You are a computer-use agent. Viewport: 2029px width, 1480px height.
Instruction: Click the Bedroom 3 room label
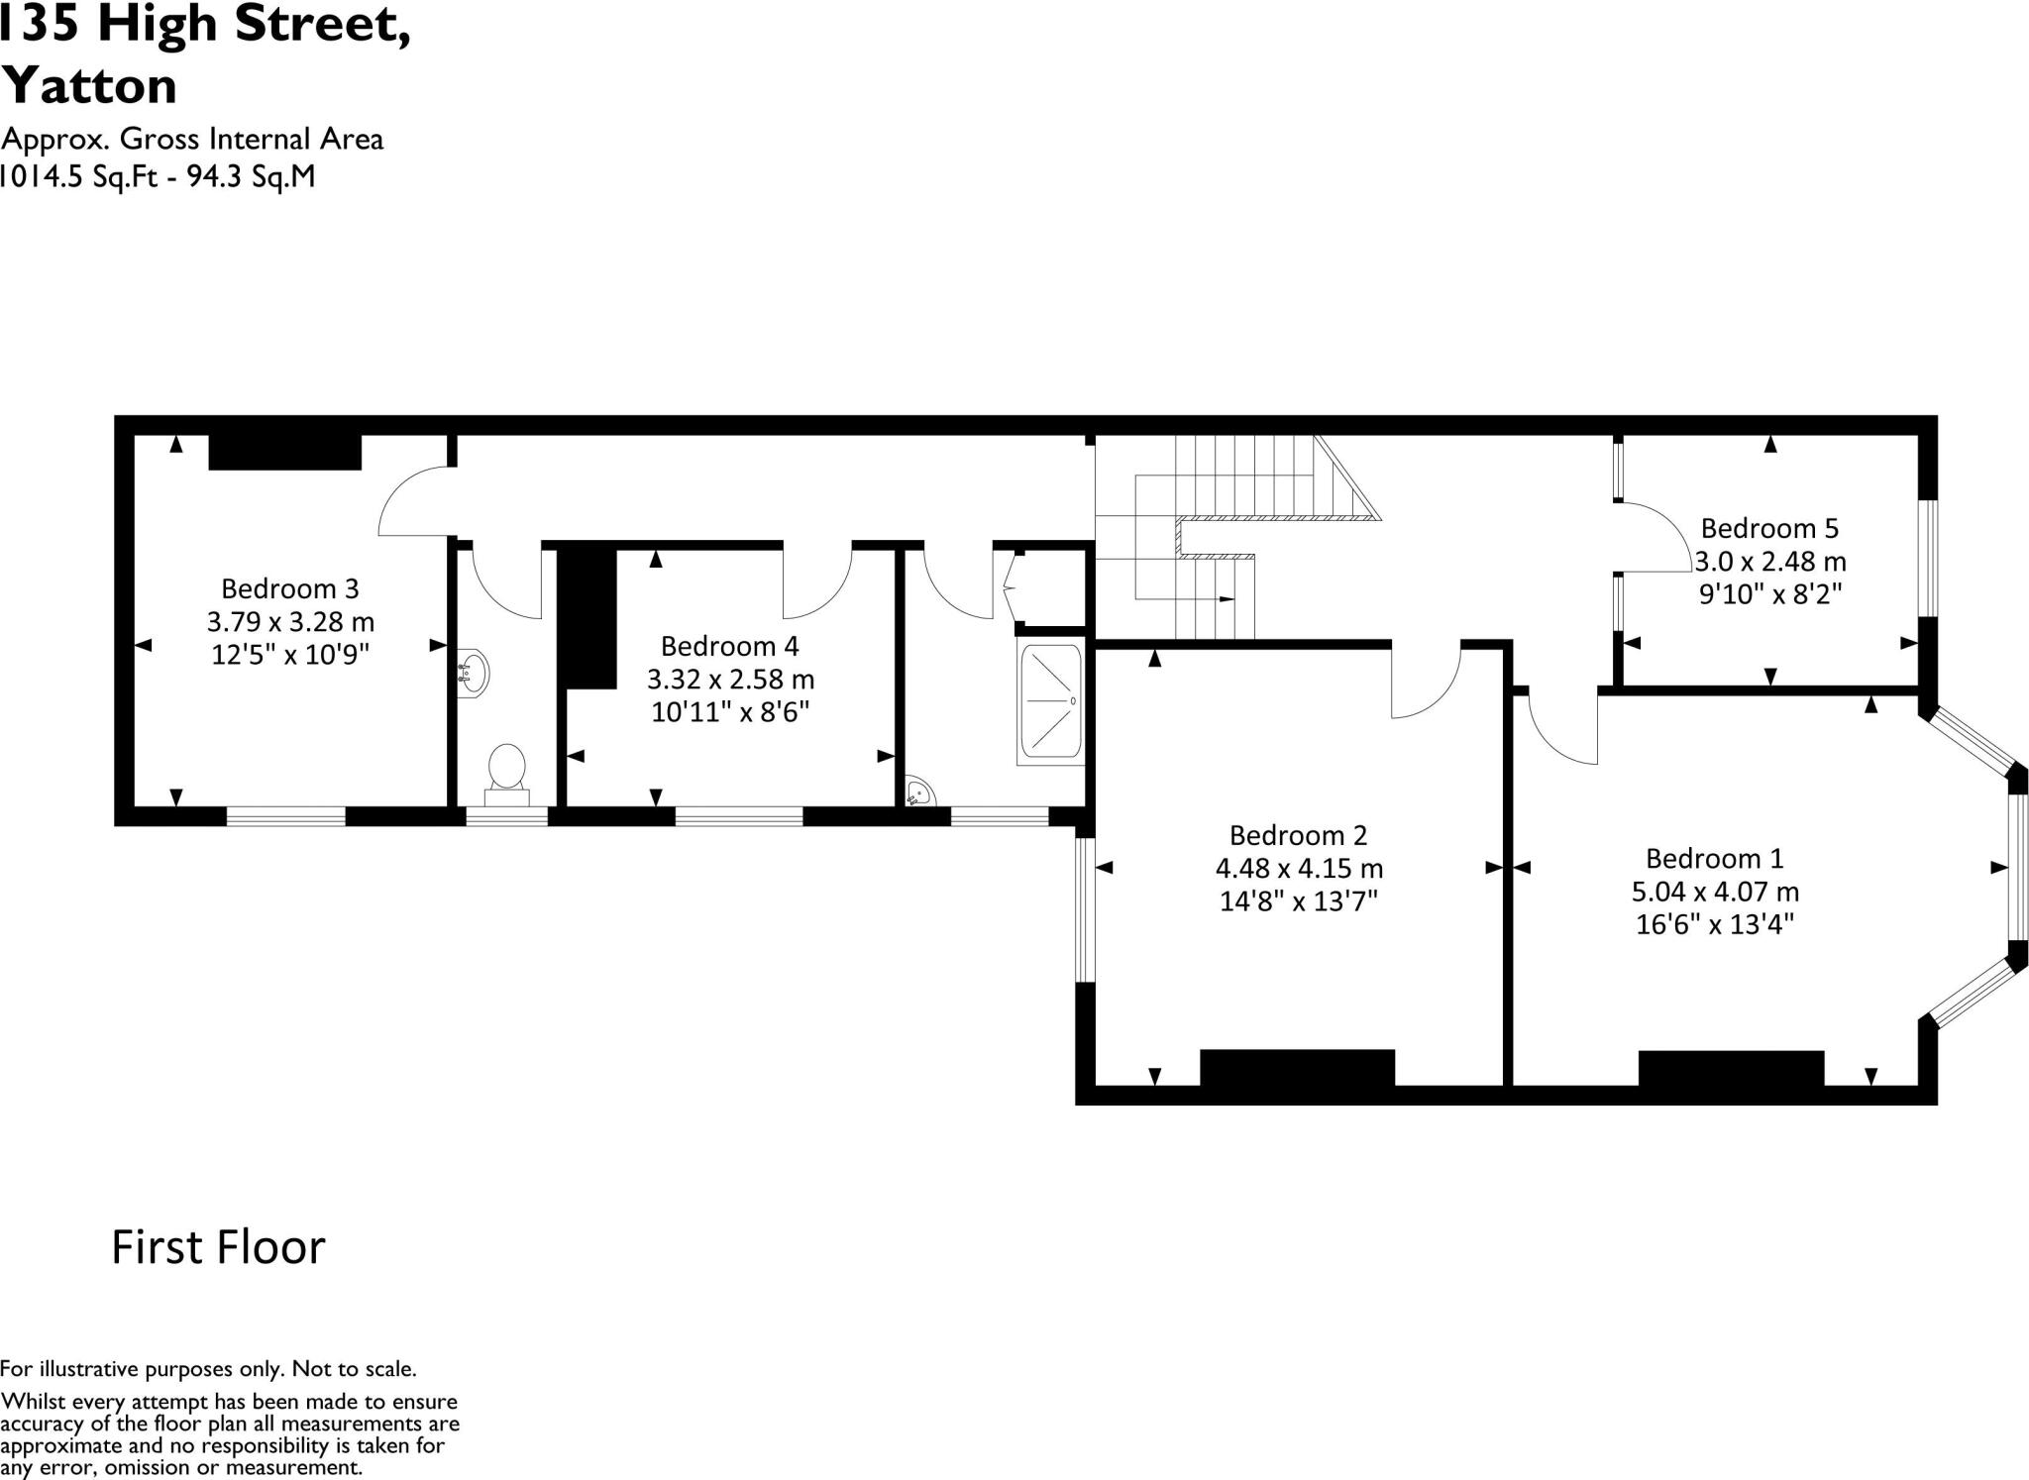[289, 588]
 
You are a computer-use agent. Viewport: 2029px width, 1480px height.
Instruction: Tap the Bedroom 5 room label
[1769, 527]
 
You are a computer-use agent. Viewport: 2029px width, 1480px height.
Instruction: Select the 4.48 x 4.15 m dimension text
[1299, 869]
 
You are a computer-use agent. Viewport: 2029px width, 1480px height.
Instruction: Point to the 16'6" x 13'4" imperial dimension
[1715, 924]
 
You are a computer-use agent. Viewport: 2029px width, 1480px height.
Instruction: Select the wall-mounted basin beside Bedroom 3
[474, 674]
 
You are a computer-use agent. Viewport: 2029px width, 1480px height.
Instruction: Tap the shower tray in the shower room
[1050, 702]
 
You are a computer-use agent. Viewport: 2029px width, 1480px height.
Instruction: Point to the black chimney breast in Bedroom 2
[1297, 1068]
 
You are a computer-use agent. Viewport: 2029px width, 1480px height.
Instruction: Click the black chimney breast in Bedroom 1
[1730, 1069]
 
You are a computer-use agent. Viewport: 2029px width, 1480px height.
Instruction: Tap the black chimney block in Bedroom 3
[284, 452]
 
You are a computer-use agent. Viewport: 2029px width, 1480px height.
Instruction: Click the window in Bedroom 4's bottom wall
[738, 816]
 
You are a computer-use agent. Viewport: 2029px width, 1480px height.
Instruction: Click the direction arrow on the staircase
[1226, 599]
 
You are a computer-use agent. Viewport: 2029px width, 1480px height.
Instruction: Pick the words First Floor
[218, 1247]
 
